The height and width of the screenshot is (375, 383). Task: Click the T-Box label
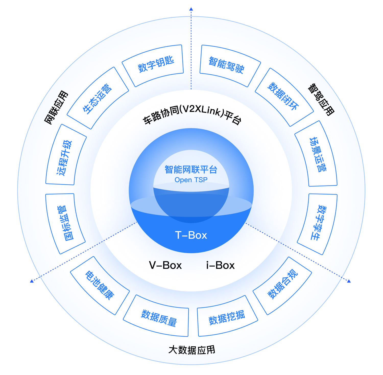coord(191,235)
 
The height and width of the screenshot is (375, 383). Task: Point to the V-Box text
coord(165,265)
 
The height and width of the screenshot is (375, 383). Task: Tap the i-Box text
coord(220,265)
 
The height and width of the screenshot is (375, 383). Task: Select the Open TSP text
coord(191,180)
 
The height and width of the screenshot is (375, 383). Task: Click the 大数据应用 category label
coord(192,350)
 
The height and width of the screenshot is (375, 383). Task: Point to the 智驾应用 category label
coord(321,100)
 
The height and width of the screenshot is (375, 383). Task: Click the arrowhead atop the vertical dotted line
coord(191,9)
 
